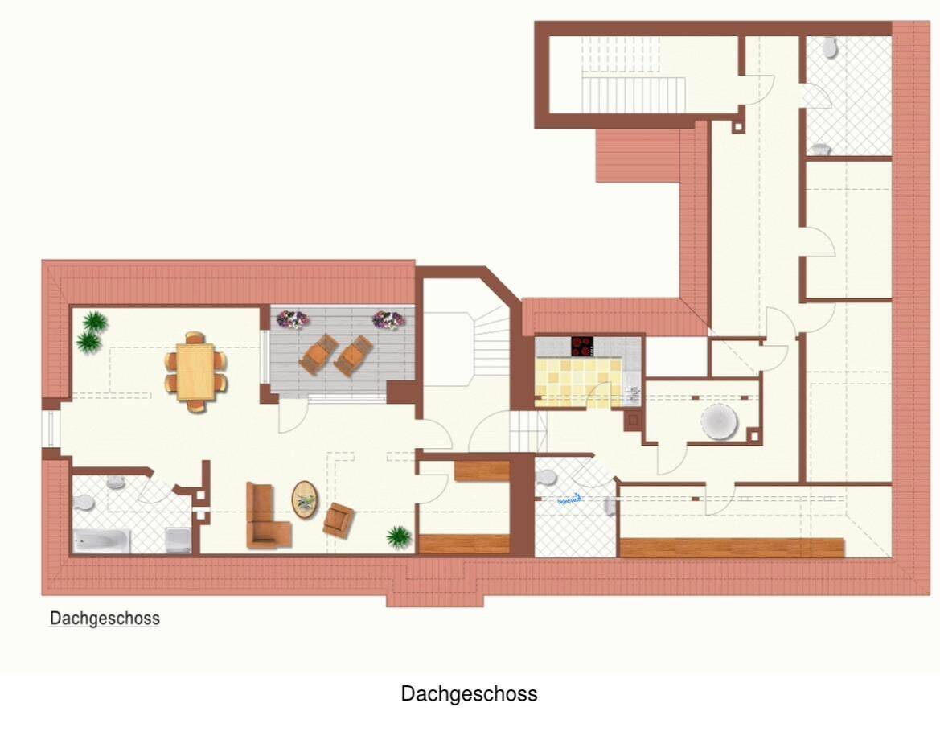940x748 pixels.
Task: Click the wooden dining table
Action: (x=195, y=372)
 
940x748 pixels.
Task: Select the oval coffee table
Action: (x=305, y=499)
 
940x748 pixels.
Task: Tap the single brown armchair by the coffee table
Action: (x=339, y=520)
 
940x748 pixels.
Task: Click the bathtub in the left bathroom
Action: (x=102, y=540)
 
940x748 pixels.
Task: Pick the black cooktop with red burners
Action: (x=581, y=347)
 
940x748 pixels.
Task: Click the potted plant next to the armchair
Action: (x=398, y=536)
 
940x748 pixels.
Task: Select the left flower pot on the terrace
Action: (x=292, y=319)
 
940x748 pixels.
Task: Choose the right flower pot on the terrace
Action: (x=388, y=319)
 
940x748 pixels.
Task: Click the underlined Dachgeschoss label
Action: (x=105, y=619)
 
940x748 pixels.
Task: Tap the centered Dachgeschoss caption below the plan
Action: (x=469, y=693)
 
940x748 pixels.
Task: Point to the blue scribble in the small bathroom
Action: (x=569, y=499)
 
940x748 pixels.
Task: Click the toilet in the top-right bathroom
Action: (x=830, y=48)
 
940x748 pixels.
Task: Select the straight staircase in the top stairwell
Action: (x=633, y=94)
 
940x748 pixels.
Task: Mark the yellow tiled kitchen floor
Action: (x=577, y=382)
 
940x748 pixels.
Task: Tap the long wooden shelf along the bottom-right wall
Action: (x=732, y=548)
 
